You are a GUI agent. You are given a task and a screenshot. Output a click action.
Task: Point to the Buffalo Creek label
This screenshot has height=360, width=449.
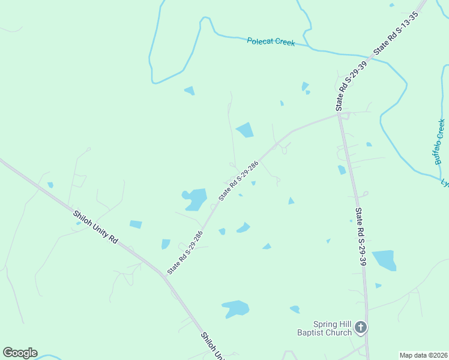(x=439, y=142)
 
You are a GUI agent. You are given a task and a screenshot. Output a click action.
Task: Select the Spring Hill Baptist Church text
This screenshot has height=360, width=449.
(x=324, y=328)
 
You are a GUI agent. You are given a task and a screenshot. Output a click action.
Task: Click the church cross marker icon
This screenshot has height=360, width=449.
(x=360, y=328)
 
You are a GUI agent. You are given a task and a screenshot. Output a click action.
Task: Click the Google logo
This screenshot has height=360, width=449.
(x=20, y=353)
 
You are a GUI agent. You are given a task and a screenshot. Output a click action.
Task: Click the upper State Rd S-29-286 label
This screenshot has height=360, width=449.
(x=238, y=180)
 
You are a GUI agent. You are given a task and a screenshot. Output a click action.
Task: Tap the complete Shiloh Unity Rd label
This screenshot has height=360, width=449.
(x=95, y=226)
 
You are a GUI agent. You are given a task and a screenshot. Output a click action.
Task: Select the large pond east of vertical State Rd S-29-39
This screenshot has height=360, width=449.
(x=384, y=260)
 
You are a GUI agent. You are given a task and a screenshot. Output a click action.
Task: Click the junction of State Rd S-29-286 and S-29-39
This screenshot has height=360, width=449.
(x=339, y=115)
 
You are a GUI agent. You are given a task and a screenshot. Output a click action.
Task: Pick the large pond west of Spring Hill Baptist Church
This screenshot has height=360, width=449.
(x=236, y=308)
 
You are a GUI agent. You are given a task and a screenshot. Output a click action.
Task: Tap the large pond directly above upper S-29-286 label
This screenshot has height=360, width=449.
(x=245, y=130)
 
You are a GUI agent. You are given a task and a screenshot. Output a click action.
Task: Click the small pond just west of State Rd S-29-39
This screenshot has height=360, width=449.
(x=342, y=170)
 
